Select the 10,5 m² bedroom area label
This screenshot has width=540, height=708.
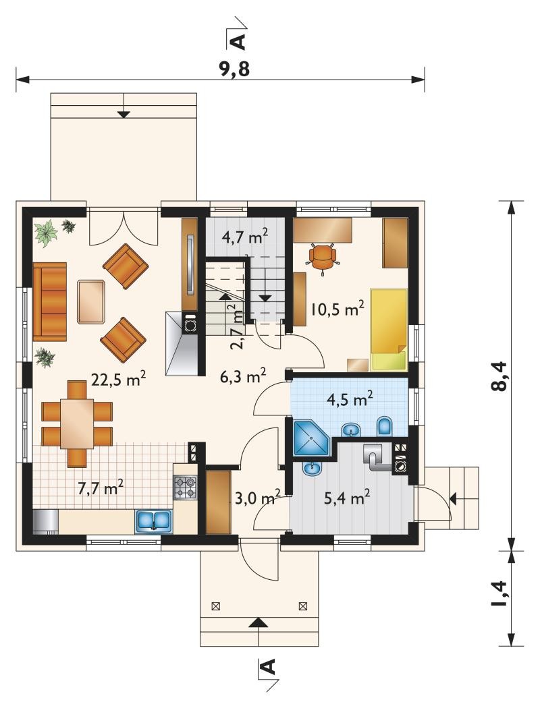[x=337, y=309]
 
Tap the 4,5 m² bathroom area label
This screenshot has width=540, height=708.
[x=350, y=399]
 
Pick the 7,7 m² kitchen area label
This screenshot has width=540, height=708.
[x=101, y=488]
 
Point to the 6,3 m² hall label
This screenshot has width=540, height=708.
[x=242, y=376]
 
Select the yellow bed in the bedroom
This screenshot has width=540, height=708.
[x=389, y=330]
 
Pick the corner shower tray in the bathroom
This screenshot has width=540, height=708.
[x=311, y=438]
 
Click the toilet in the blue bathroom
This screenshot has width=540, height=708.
[x=385, y=425]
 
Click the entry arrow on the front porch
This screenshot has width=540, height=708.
[x=258, y=623]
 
